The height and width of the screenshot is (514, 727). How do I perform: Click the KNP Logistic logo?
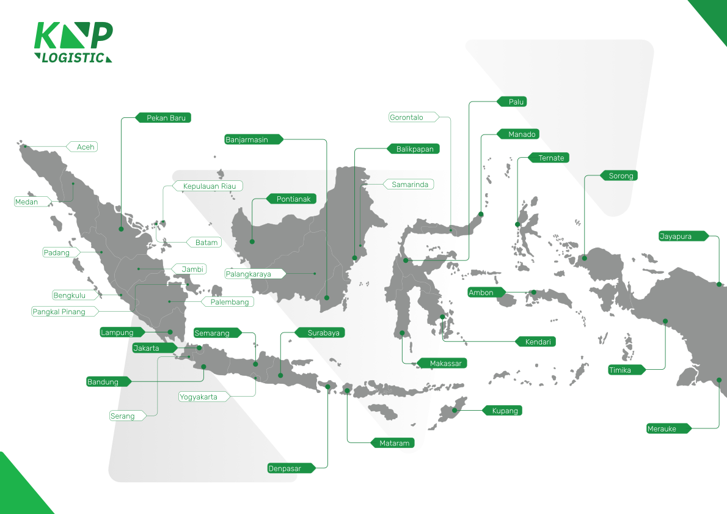click(x=73, y=42)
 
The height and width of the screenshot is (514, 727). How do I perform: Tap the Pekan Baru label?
click(x=166, y=118)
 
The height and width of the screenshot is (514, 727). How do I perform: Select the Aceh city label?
click(x=85, y=147)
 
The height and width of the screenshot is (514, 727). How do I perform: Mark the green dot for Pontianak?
click(x=252, y=242)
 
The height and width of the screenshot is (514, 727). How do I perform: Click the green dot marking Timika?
click(x=665, y=321)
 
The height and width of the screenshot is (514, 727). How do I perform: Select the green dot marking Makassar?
click(x=402, y=333)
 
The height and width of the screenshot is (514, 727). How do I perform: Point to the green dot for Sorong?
click(x=585, y=257)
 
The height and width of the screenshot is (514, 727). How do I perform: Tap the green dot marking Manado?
click(x=481, y=215)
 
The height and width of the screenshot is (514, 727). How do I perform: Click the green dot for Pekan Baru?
click(x=121, y=229)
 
